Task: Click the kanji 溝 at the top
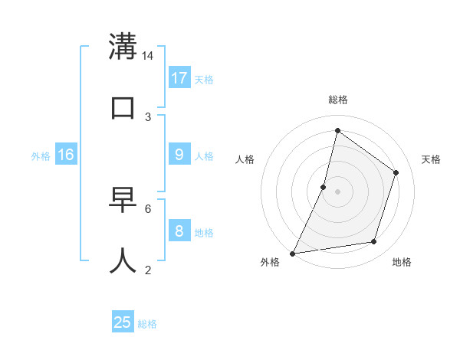(x=123, y=47)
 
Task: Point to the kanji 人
(x=123, y=260)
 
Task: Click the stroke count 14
(x=148, y=56)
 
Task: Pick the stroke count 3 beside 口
(x=148, y=117)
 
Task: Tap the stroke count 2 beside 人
(x=148, y=270)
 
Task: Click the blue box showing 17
(x=179, y=78)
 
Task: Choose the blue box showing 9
(x=179, y=155)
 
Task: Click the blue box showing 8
(x=179, y=231)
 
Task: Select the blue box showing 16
(x=66, y=155)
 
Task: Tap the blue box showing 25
(x=123, y=322)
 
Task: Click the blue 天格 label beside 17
(x=204, y=80)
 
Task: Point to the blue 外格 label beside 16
(x=41, y=156)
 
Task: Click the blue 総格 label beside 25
(x=147, y=324)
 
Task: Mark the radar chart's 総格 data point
(x=337, y=130)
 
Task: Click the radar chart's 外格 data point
(x=293, y=254)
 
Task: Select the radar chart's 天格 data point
(x=396, y=172)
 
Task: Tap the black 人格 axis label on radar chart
(x=245, y=159)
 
